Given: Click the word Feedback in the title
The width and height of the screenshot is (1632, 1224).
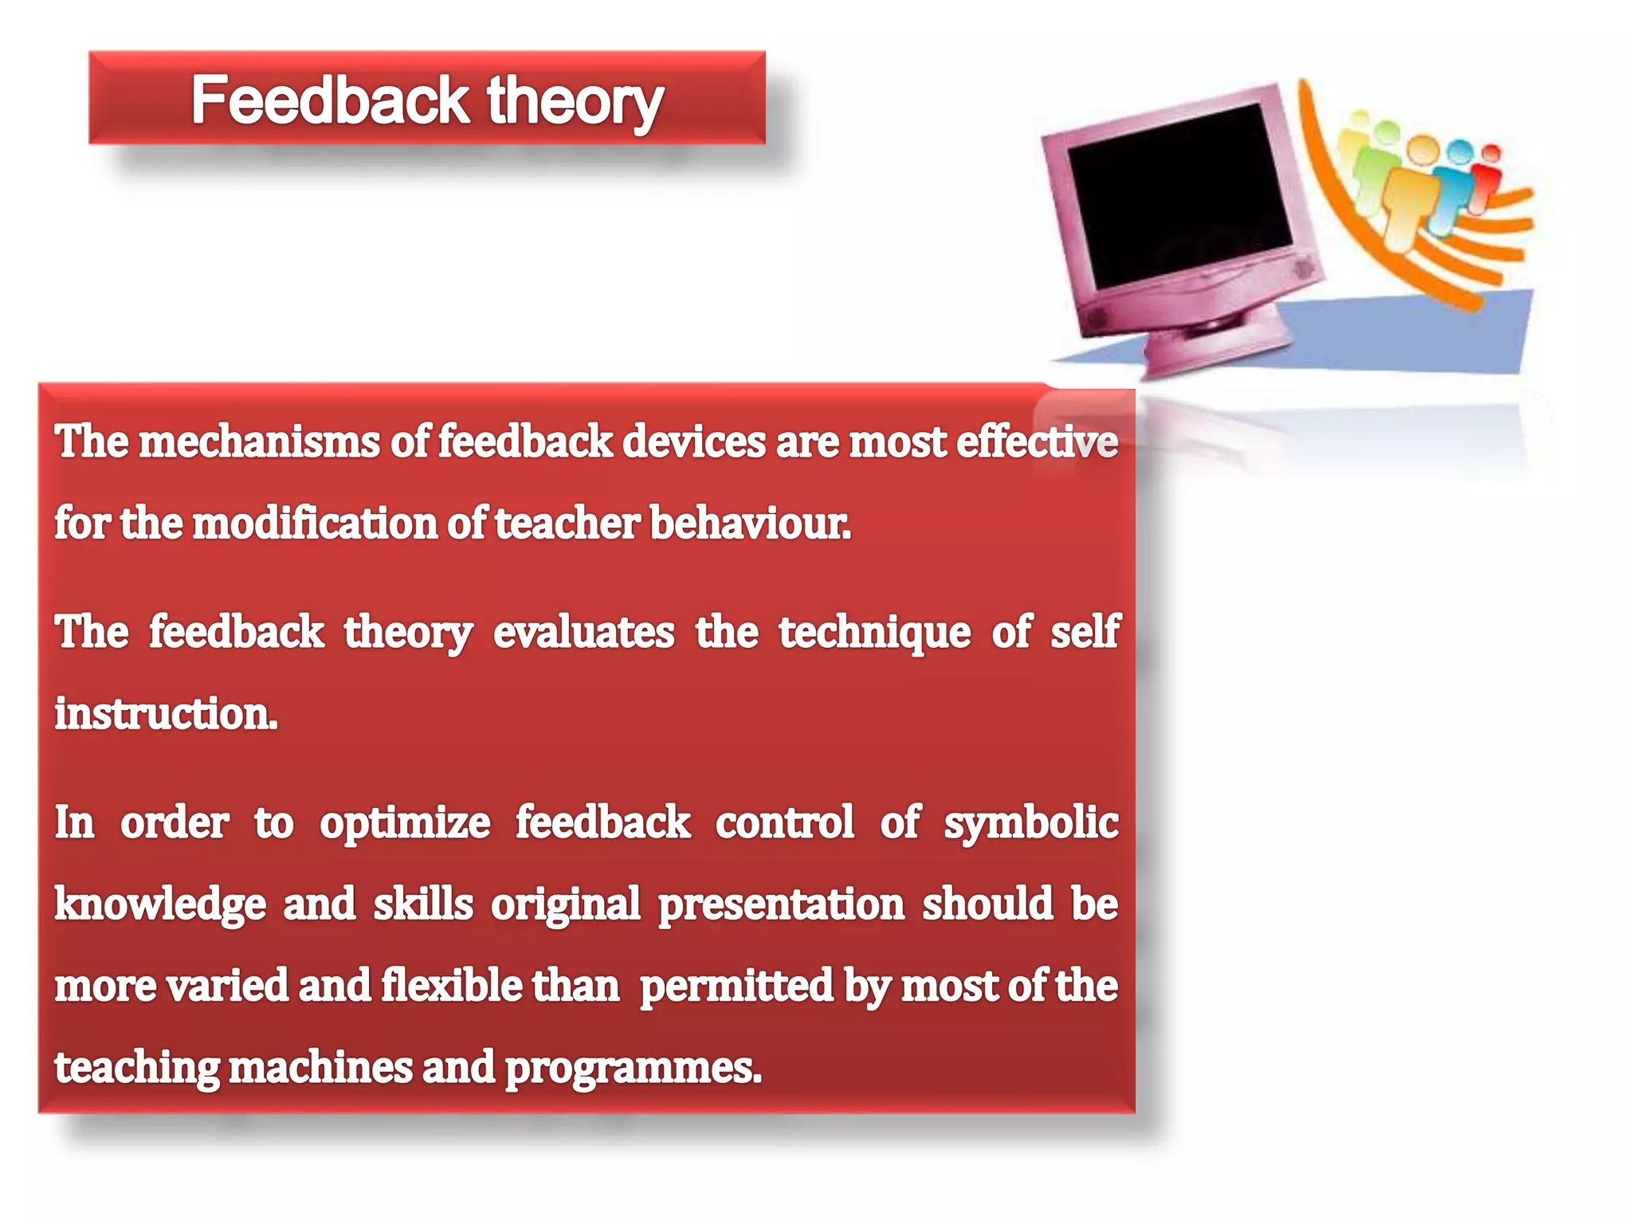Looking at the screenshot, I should tap(329, 101).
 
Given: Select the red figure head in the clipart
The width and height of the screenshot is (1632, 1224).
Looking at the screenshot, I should tap(1491, 152).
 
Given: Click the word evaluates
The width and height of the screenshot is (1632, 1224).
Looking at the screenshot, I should tap(583, 633).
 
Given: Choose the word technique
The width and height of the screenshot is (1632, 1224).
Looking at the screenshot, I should tap(874, 634).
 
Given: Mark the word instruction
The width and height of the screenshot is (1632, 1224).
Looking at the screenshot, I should tap(166, 714).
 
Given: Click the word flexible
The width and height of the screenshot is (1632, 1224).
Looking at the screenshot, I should tap(451, 987).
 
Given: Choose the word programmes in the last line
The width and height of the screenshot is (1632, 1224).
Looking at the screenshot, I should tap(633, 1069).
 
